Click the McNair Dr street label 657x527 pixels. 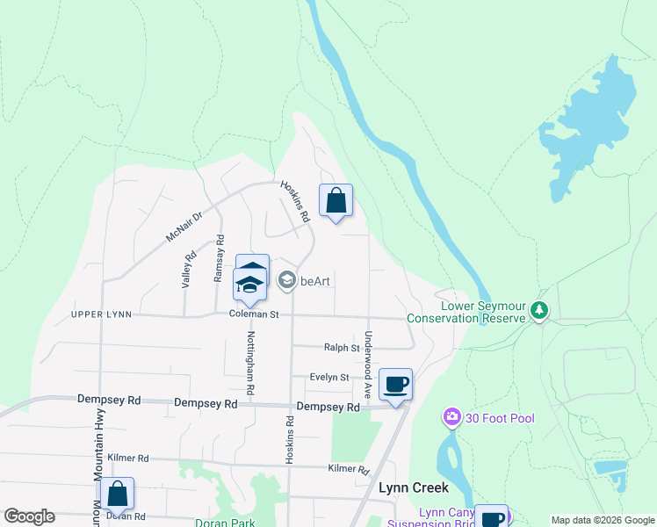184,227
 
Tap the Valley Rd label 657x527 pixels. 186,270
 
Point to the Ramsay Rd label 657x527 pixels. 220,258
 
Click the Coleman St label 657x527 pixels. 254,314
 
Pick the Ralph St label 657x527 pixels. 343,348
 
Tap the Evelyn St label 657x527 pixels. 329,377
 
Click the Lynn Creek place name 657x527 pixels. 414,487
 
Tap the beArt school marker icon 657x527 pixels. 286,280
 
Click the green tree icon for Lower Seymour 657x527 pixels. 539,310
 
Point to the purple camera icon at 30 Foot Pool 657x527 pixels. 452,417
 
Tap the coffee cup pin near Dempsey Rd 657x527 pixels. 396,384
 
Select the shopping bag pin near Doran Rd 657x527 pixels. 117,494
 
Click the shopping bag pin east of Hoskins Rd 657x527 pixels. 336,200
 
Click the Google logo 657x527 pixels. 29,516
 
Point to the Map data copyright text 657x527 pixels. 602,520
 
